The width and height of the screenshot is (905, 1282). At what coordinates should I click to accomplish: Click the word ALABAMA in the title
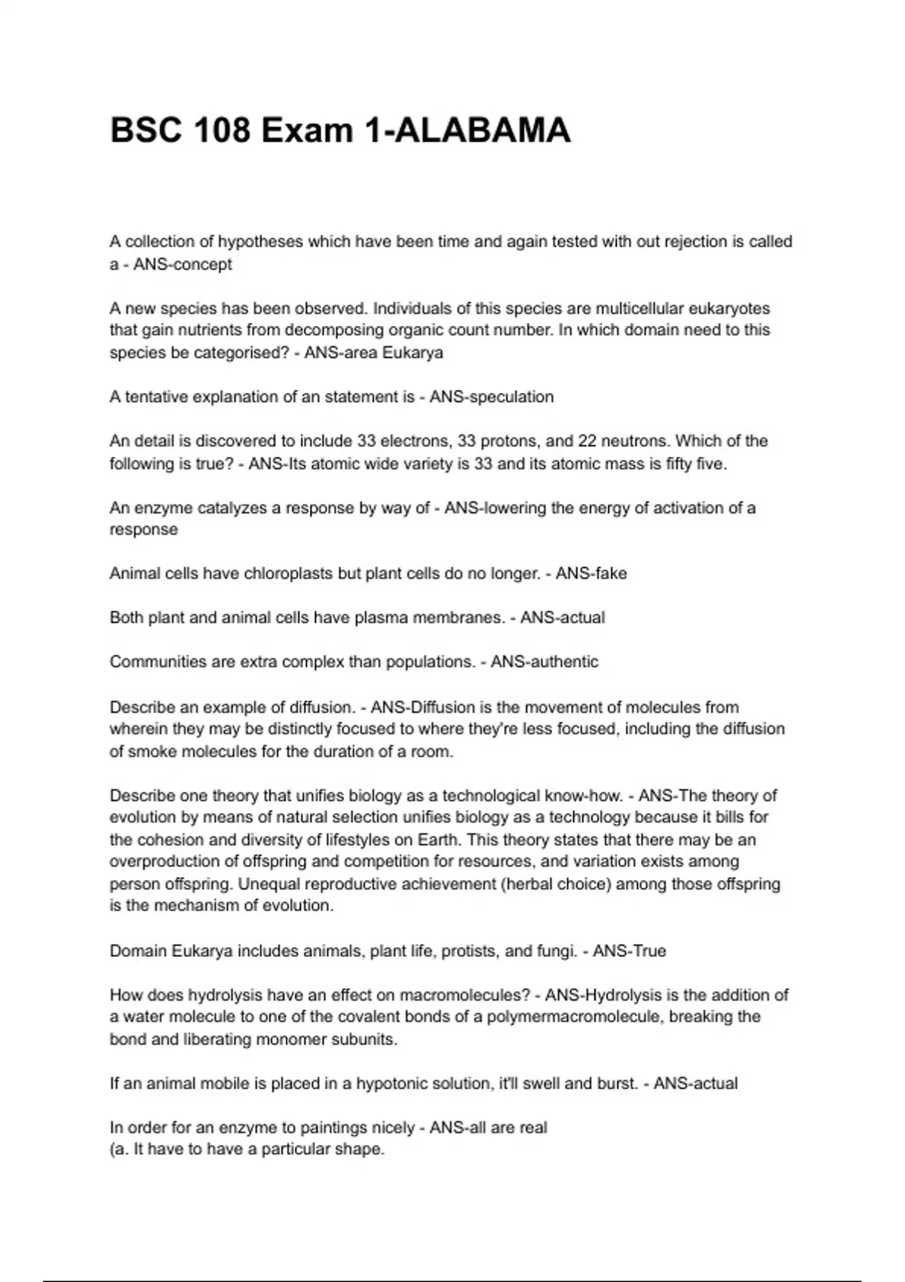(x=483, y=130)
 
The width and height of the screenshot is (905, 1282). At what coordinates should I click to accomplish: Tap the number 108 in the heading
(x=222, y=130)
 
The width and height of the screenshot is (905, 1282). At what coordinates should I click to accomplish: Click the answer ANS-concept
(x=183, y=265)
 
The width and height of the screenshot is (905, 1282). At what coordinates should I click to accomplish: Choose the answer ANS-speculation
(x=491, y=397)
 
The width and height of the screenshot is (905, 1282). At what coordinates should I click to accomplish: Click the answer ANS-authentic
(x=544, y=662)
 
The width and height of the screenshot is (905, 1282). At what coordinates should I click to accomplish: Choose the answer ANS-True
(x=629, y=951)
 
